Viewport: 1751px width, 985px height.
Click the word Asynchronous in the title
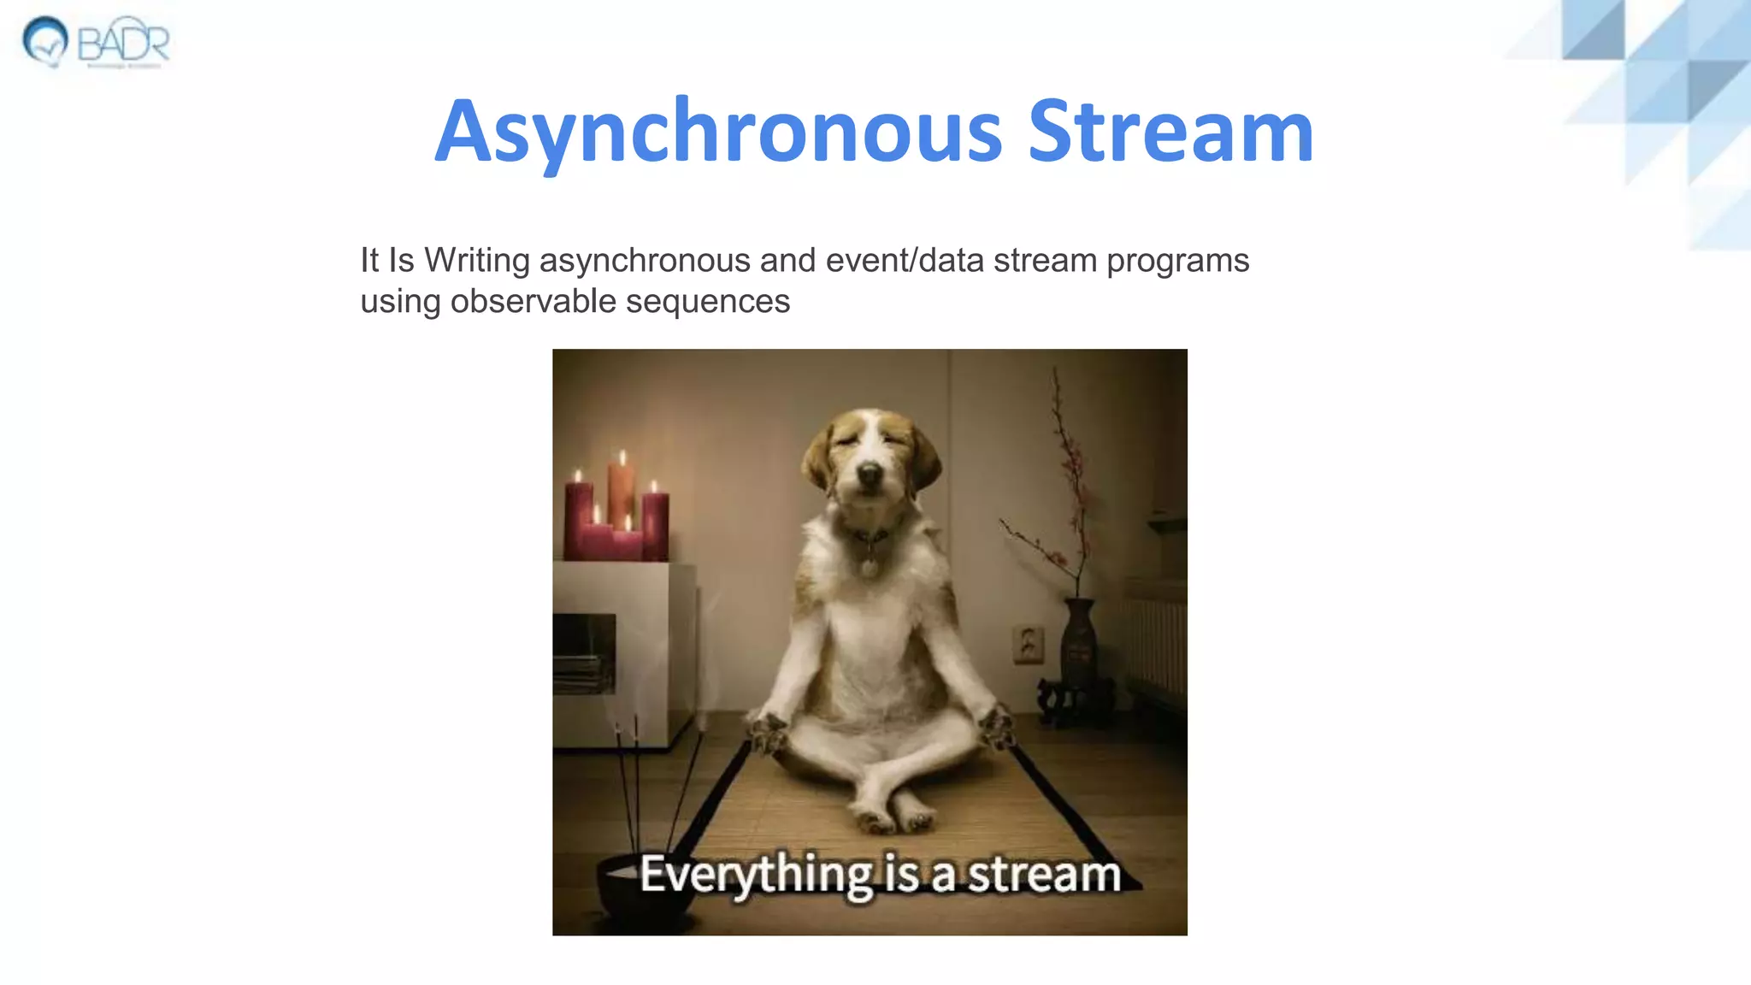pos(718,133)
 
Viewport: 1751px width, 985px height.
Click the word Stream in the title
pos(1170,133)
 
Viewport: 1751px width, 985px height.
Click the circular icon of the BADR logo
pos(44,41)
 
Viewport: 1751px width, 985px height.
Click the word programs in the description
pos(1177,261)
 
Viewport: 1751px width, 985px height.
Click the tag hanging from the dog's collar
pos(868,567)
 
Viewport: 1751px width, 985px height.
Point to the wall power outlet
pos(1028,643)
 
